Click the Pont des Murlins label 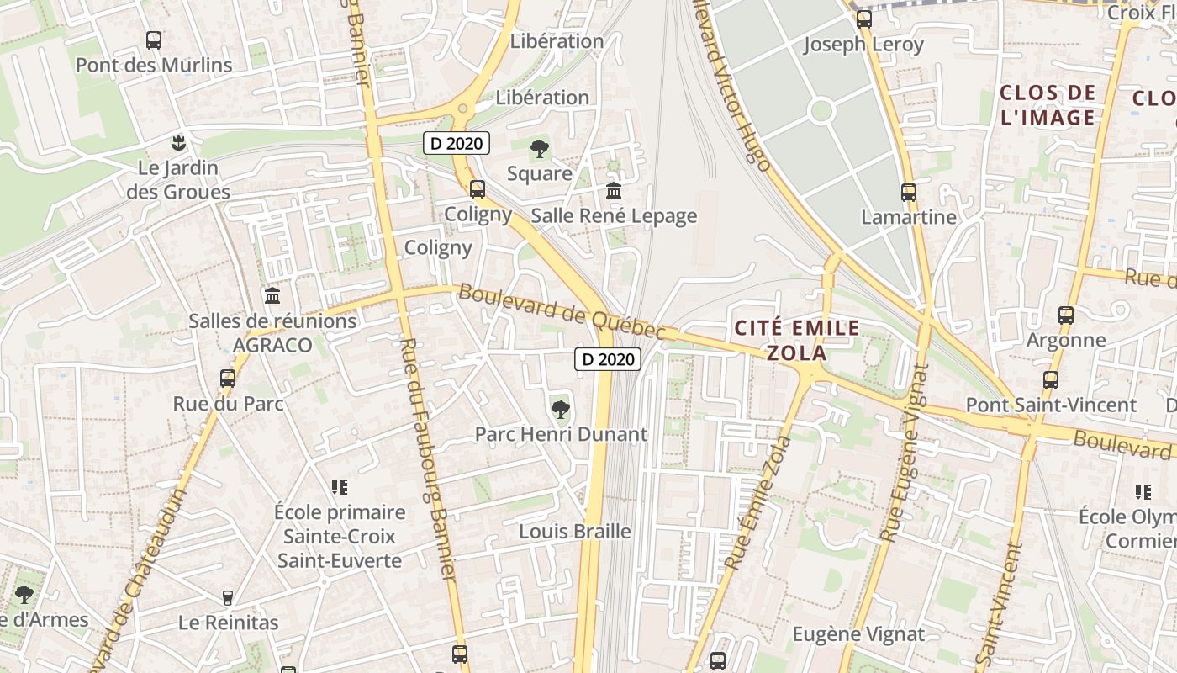pyautogui.click(x=154, y=65)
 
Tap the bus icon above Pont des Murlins pyautogui.click(x=154, y=40)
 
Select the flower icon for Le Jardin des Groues pyautogui.click(x=177, y=141)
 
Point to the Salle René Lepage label pyautogui.click(x=614, y=216)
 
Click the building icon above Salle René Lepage pyautogui.click(x=614, y=191)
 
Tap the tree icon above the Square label pyautogui.click(x=540, y=150)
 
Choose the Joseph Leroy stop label pyautogui.click(x=863, y=44)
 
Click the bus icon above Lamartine pyautogui.click(x=909, y=193)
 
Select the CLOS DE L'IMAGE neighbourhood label pyautogui.click(x=1048, y=105)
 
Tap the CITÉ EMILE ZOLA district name pyautogui.click(x=797, y=340)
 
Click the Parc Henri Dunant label pyautogui.click(x=561, y=434)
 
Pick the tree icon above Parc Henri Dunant pyautogui.click(x=560, y=410)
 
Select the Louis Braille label pyautogui.click(x=575, y=532)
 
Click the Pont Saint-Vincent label pyautogui.click(x=1051, y=405)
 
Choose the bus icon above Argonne pyautogui.click(x=1066, y=315)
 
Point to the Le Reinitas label pyautogui.click(x=229, y=623)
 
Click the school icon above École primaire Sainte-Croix pyautogui.click(x=340, y=487)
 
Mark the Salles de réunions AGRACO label pyautogui.click(x=272, y=332)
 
